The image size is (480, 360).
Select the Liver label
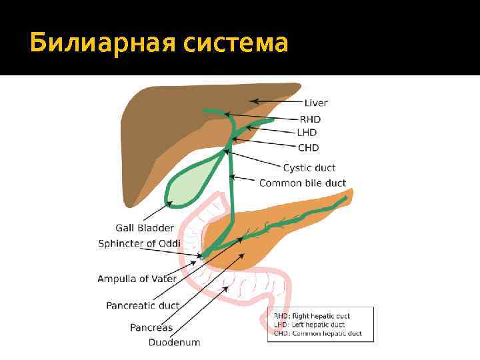(x=316, y=103)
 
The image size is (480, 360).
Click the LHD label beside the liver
(x=309, y=133)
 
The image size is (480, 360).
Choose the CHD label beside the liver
(x=309, y=147)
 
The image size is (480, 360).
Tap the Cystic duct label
(x=309, y=168)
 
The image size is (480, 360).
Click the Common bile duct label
(x=303, y=183)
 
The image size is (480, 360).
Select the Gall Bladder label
(x=145, y=228)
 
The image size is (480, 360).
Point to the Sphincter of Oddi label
(x=139, y=243)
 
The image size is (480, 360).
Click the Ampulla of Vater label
(x=137, y=278)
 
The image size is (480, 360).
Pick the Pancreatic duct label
(x=143, y=305)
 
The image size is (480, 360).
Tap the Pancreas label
(x=151, y=327)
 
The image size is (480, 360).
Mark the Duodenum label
(x=175, y=343)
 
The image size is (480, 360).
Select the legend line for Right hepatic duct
(x=312, y=316)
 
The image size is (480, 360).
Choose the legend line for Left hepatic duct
(x=309, y=325)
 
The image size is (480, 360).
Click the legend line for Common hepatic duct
(x=317, y=333)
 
